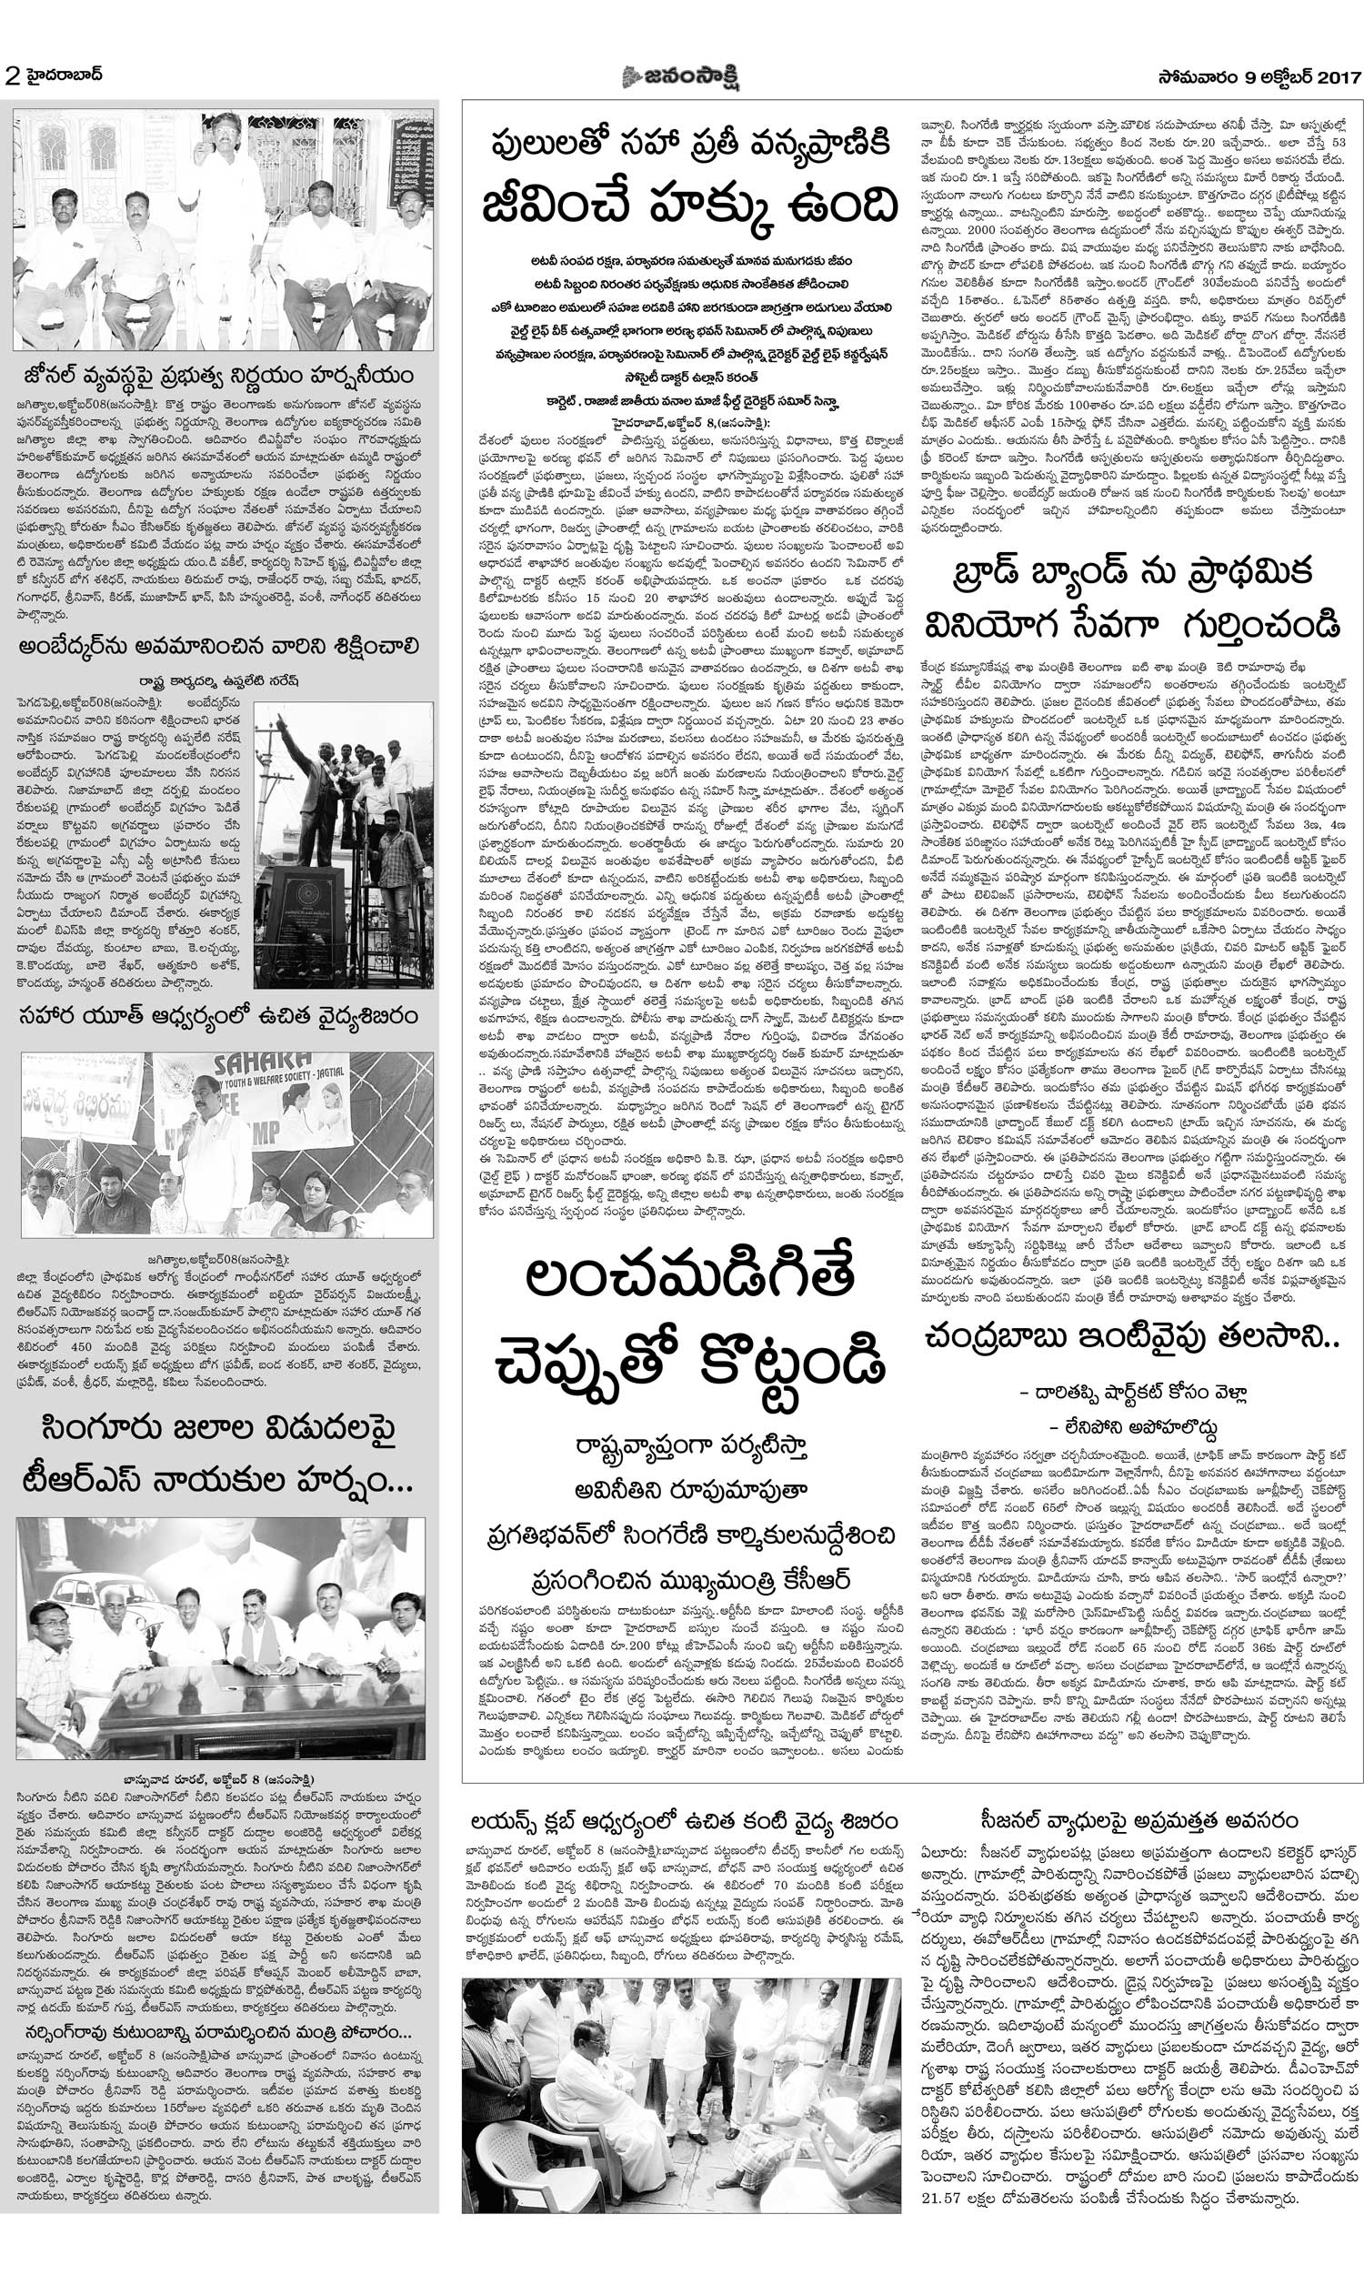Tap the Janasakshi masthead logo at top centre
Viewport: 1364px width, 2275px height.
pos(681,75)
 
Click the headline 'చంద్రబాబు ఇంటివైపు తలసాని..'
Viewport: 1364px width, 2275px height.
pos(1133,1338)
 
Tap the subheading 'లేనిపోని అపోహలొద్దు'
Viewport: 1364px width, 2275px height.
pos(1133,1427)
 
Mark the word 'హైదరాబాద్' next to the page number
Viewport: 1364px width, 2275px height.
pos(64,75)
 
